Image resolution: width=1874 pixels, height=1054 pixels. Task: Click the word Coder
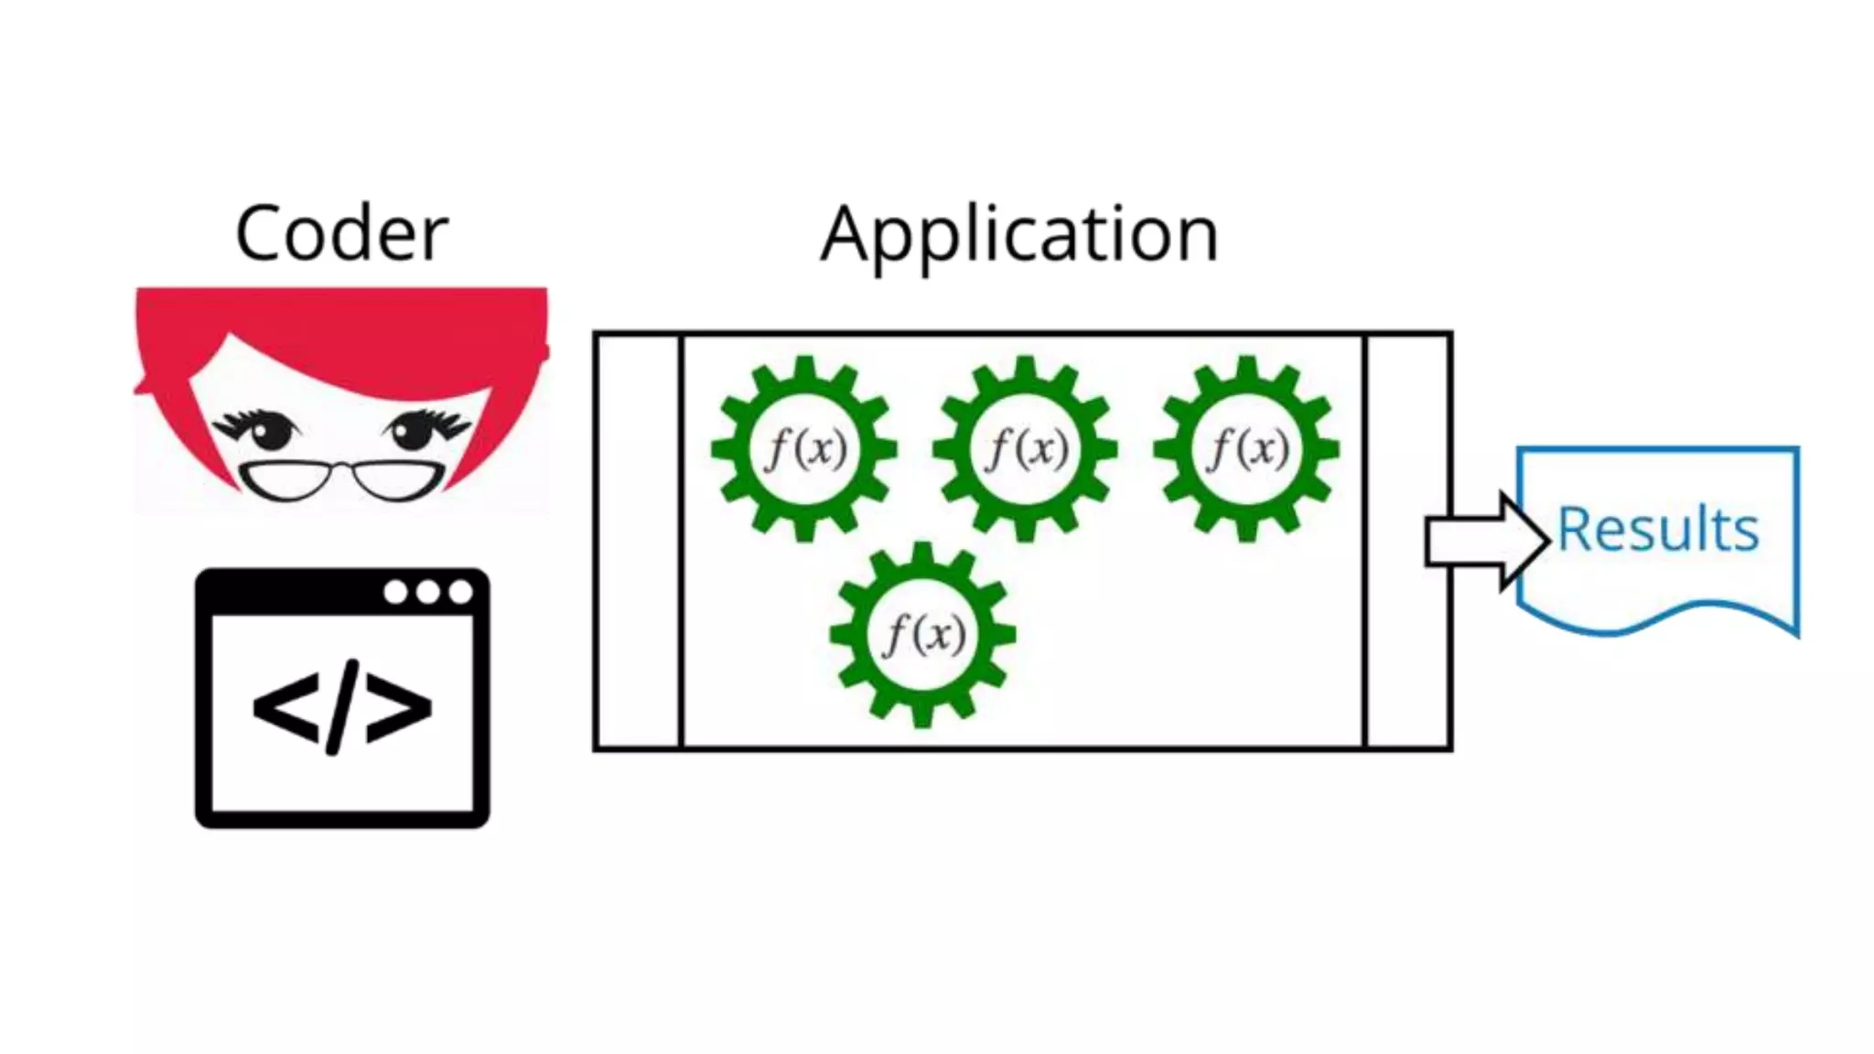[341, 234]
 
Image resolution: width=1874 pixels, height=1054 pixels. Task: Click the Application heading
[1019, 235]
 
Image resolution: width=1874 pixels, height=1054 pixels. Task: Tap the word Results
[1658, 530]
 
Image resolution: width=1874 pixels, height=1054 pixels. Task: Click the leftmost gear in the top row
[804, 448]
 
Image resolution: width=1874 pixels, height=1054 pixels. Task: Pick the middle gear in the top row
[1025, 448]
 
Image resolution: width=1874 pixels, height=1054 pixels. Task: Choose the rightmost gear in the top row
[1246, 448]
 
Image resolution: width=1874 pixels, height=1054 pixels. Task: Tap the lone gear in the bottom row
[922, 634]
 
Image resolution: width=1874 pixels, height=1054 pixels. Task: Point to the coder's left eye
[268, 430]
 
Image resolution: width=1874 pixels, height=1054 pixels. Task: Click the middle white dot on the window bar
[427, 592]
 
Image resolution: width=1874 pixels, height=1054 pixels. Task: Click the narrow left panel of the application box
[639, 541]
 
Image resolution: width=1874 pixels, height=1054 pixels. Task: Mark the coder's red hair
[341, 329]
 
